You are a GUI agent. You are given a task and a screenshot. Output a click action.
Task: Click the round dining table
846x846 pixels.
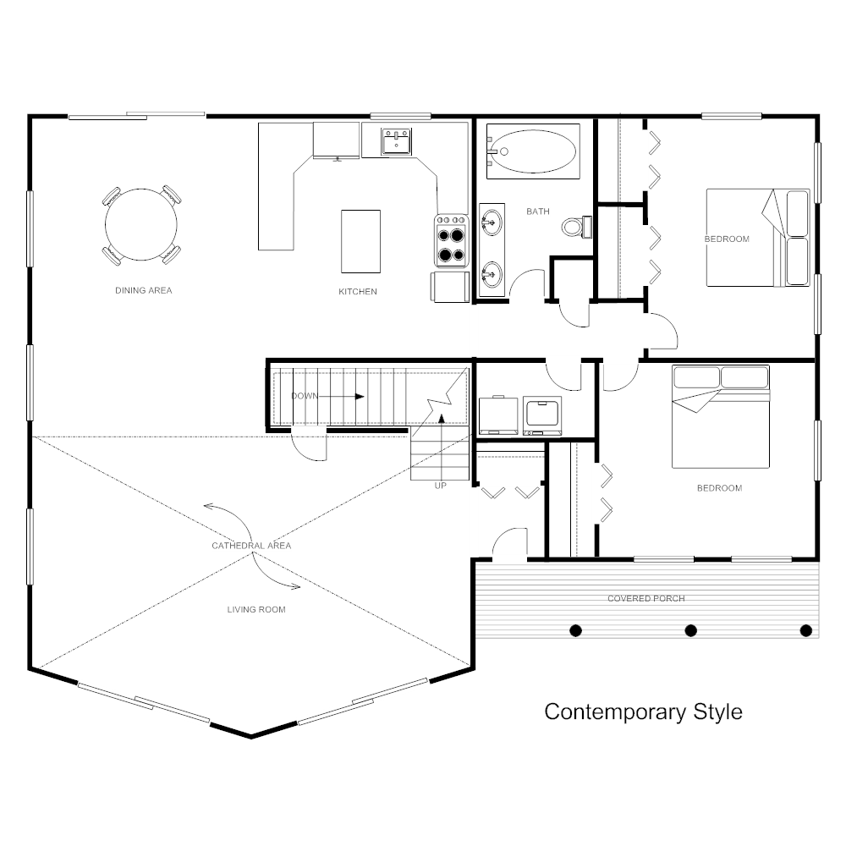(x=141, y=225)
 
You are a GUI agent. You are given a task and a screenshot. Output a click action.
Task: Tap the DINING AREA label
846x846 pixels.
(x=144, y=291)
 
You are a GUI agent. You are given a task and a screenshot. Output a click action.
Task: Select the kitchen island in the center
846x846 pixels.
(x=360, y=241)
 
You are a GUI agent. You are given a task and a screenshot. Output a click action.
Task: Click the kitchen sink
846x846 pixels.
(x=395, y=141)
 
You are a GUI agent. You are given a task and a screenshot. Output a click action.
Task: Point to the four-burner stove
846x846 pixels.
(x=452, y=241)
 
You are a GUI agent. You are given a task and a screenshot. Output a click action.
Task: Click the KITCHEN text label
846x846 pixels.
(x=358, y=292)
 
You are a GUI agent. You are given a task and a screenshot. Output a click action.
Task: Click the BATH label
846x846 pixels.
(x=538, y=211)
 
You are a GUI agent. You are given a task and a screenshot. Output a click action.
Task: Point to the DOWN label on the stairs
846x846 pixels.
(x=304, y=396)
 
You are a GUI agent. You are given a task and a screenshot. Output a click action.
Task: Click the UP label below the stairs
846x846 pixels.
(x=440, y=486)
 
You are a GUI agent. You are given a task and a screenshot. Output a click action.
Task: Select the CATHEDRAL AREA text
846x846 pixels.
(x=251, y=546)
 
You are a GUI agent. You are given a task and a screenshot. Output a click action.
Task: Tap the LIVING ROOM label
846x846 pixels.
(x=256, y=609)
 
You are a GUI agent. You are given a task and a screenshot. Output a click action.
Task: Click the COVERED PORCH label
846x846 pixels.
(x=646, y=599)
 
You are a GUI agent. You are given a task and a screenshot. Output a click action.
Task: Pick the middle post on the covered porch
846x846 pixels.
(x=690, y=630)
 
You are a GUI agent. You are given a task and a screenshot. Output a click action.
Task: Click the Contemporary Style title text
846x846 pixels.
(x=643, y=711)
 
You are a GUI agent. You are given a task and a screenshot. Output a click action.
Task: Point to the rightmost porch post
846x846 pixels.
(x=805, y=630)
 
